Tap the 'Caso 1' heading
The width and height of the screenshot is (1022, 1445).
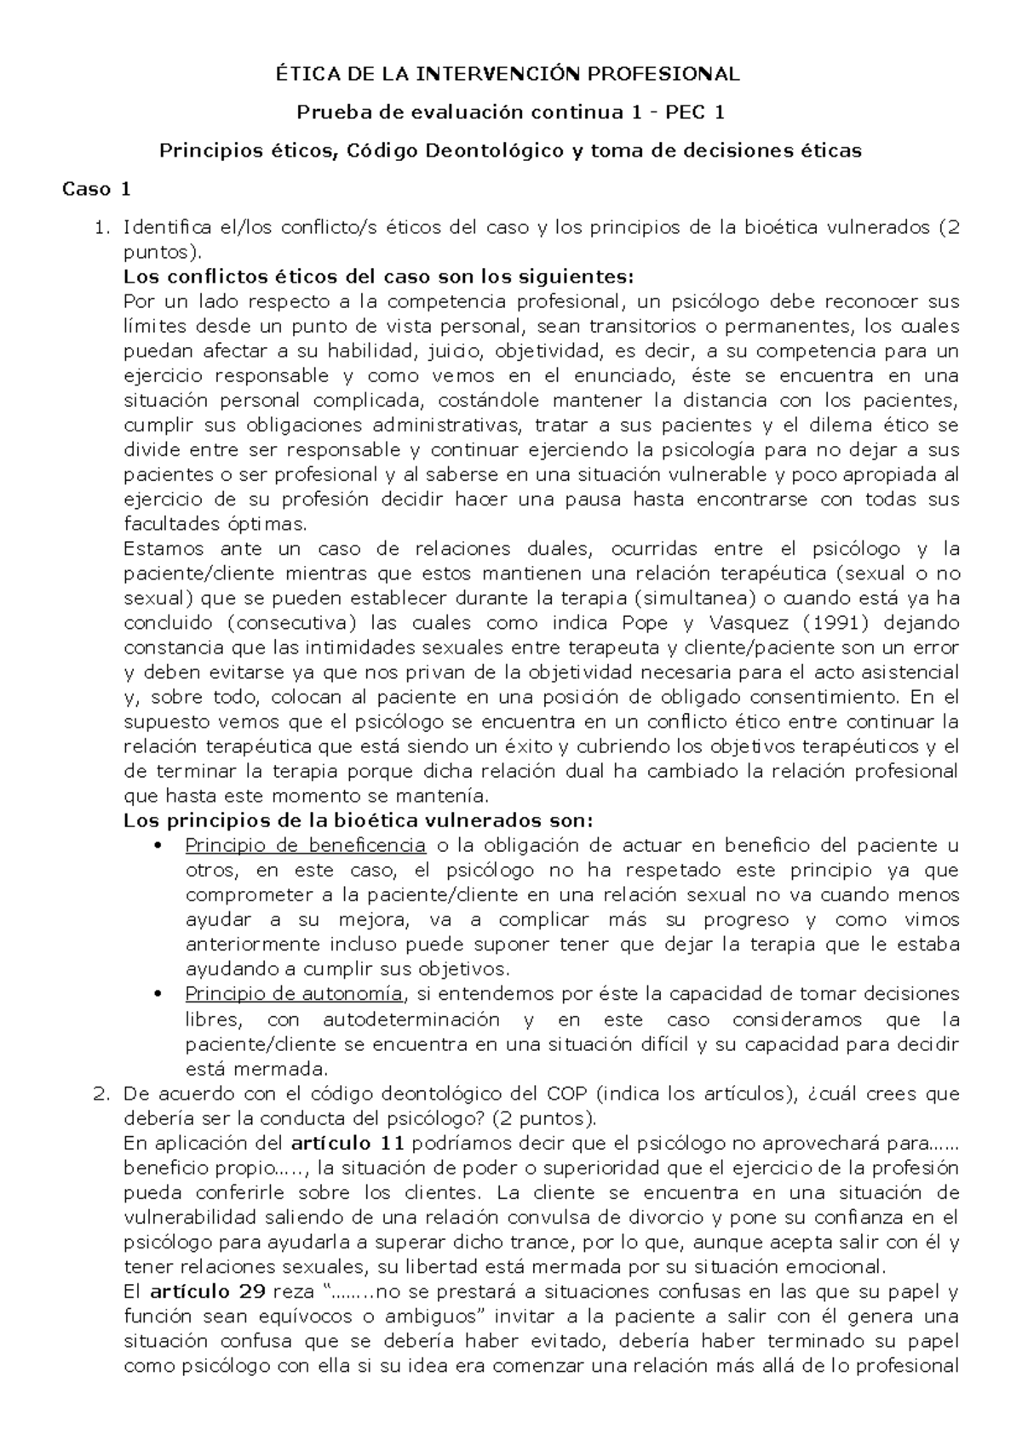pyautogui.click(x=96, y=189)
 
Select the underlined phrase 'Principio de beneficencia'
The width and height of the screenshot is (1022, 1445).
pyautogui.click(x=305, y=845)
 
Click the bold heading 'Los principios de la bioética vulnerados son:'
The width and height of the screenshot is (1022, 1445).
pyautogui.click(x=357, y=820)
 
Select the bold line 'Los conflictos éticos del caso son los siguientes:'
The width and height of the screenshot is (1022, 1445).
pyautogui.click(x=379, y=277)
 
